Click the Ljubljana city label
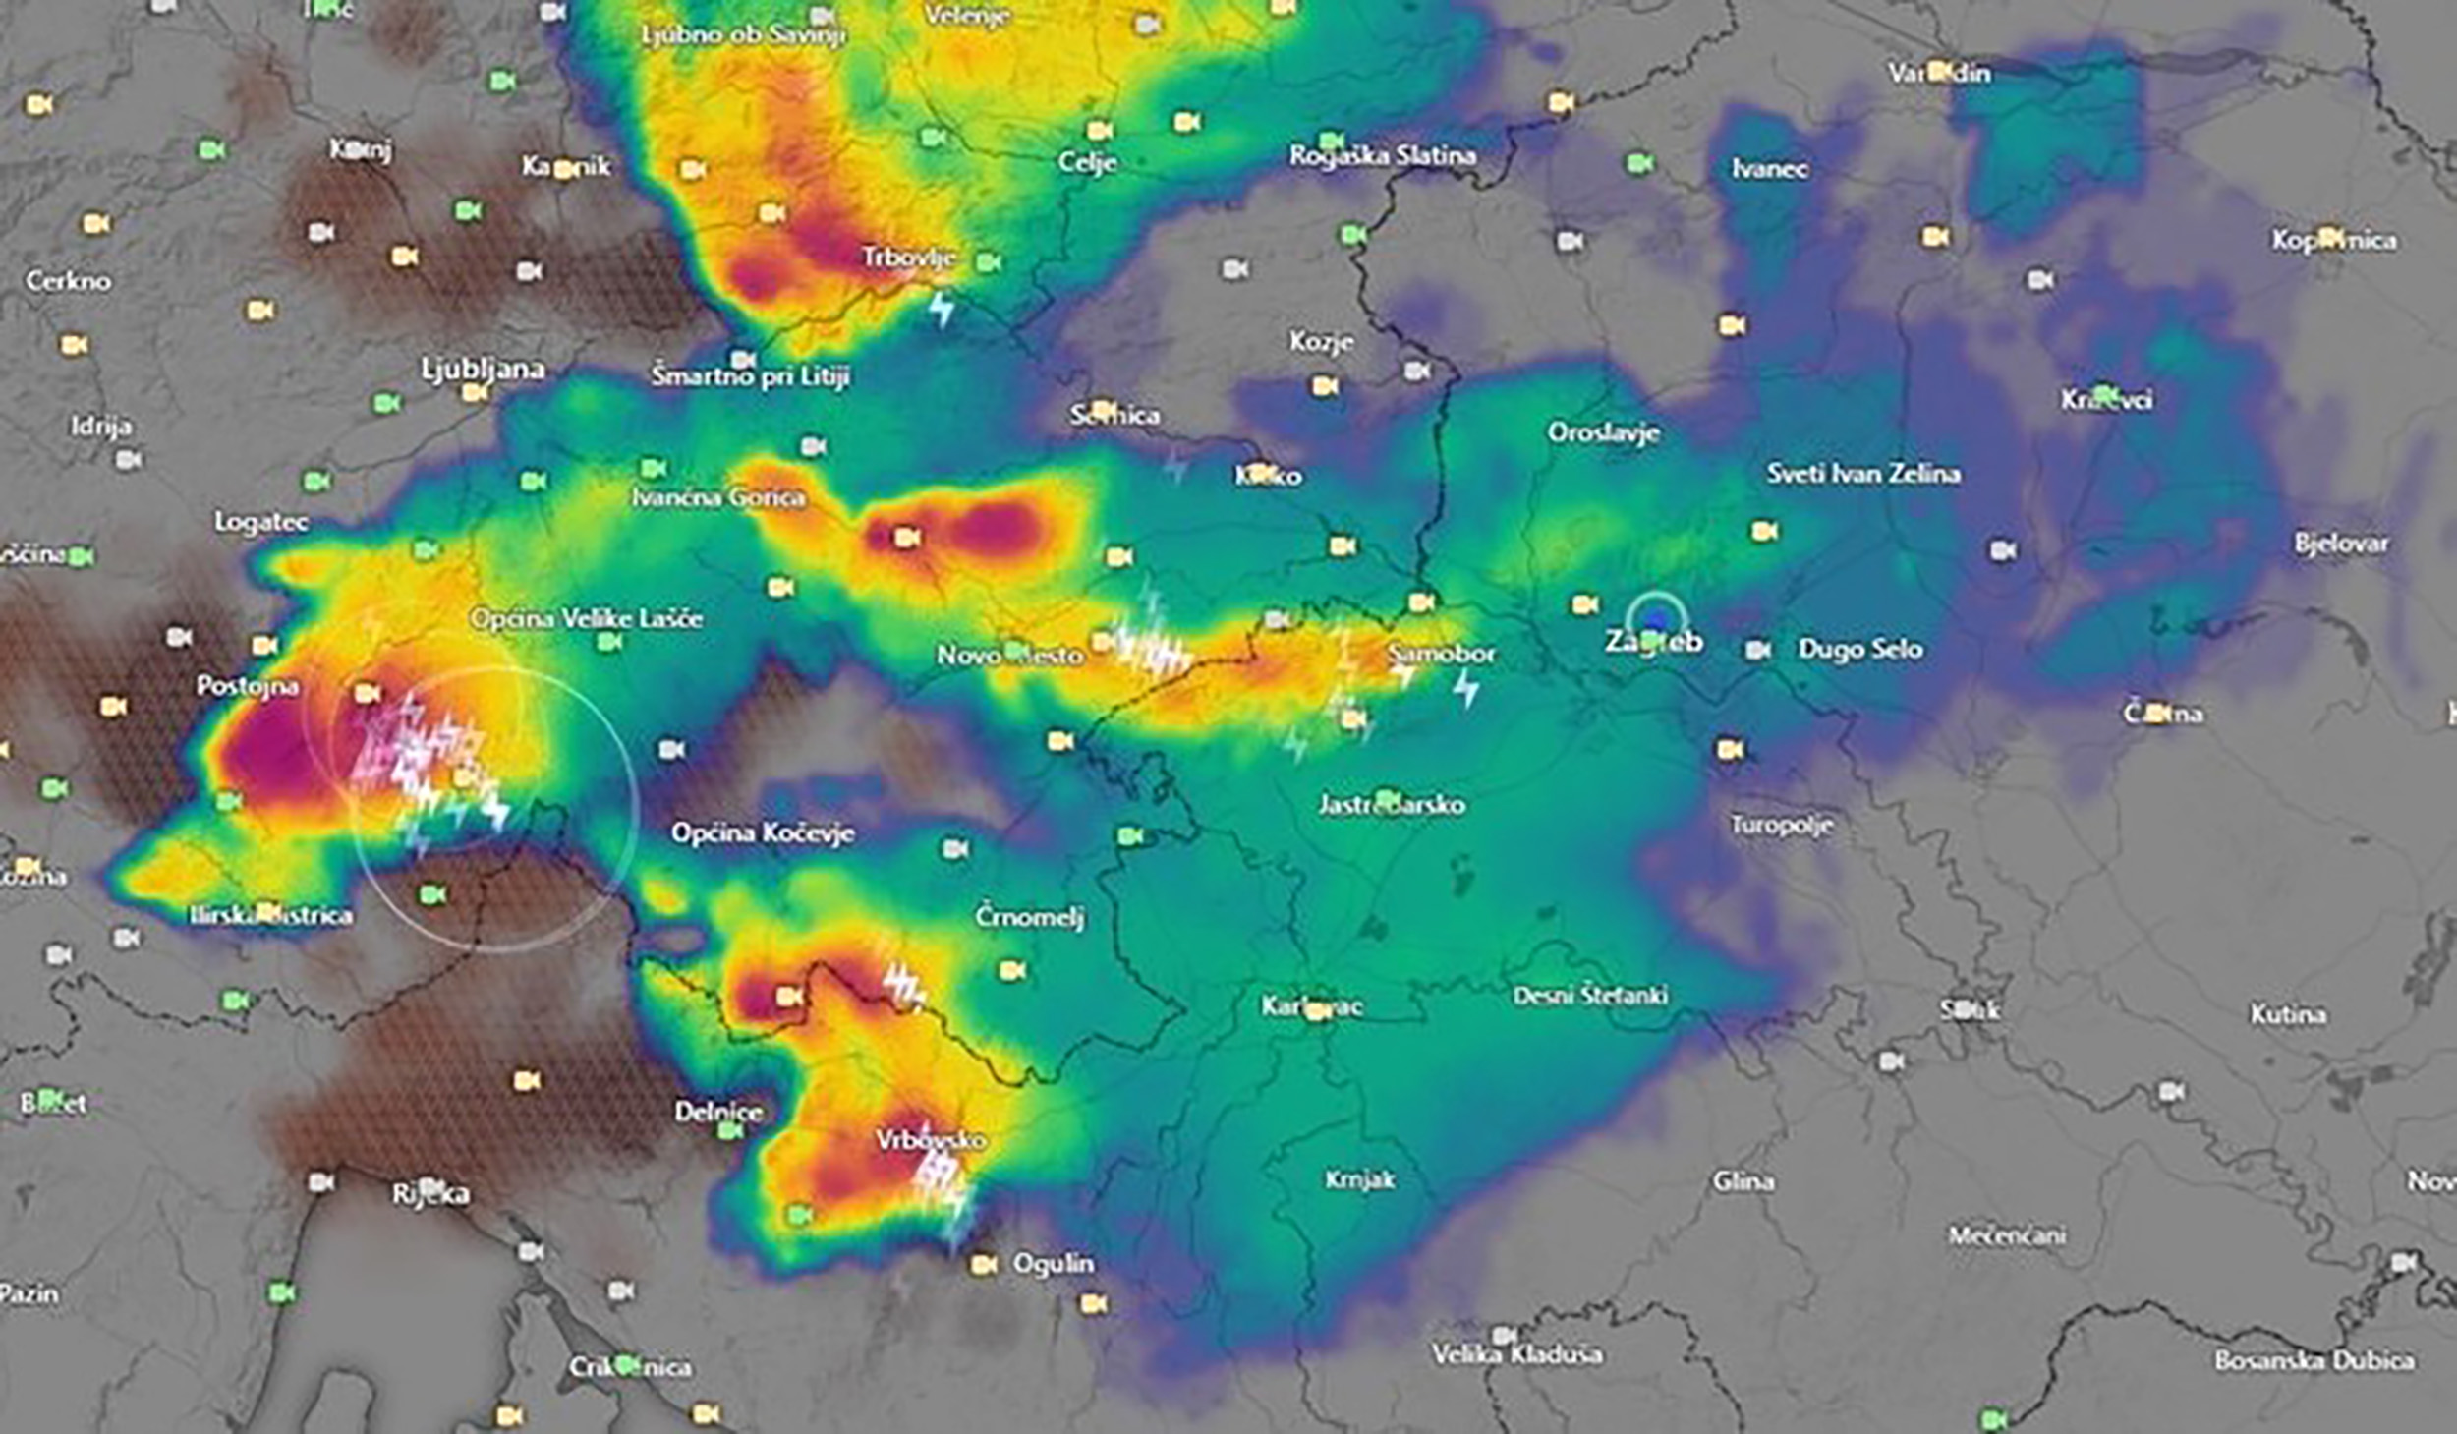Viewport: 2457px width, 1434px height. tap(483, 370)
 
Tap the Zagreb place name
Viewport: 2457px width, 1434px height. tap(1654, 642)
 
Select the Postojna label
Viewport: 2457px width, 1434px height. tap(248, 685)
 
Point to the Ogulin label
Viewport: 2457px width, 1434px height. tap(1053, 1263)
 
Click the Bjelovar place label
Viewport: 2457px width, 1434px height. tap(2341, 544)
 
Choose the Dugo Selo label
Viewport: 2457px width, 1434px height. tap(1859, 649)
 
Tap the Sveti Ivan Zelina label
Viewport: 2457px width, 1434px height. tap(1863, 474)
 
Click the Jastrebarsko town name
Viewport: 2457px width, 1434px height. tap(1391, 805)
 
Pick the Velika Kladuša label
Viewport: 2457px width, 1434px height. tap(1516, 1354)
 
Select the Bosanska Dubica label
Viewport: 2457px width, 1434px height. tap(2314, 1360)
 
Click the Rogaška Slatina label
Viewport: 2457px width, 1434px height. tap(1382, 155)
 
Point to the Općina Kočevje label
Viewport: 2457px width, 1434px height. tap(763, 833)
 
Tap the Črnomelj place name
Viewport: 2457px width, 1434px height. tap(1029, 917)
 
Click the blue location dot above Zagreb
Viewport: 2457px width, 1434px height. tap(1657, 619)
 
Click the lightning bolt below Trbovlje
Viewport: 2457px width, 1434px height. tap(942, 309)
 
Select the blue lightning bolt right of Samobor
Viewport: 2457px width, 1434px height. tap(1466, 688)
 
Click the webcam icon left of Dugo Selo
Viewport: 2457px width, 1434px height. tap(1758, 650)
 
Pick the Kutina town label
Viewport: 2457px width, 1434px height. tap(2287, 1013)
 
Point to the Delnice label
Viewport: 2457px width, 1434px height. tap(718, 1112)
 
